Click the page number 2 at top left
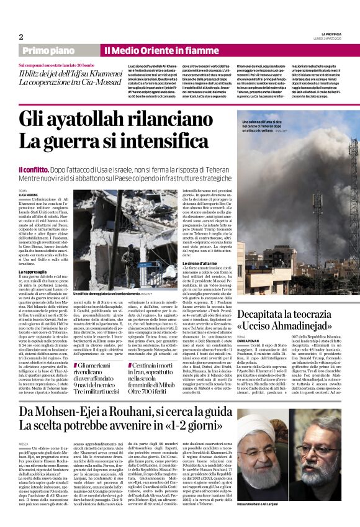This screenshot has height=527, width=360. pyautogui.click(x=21, y=37)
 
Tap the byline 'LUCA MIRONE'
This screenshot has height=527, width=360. pyautogui.click(x=28, y=194)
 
